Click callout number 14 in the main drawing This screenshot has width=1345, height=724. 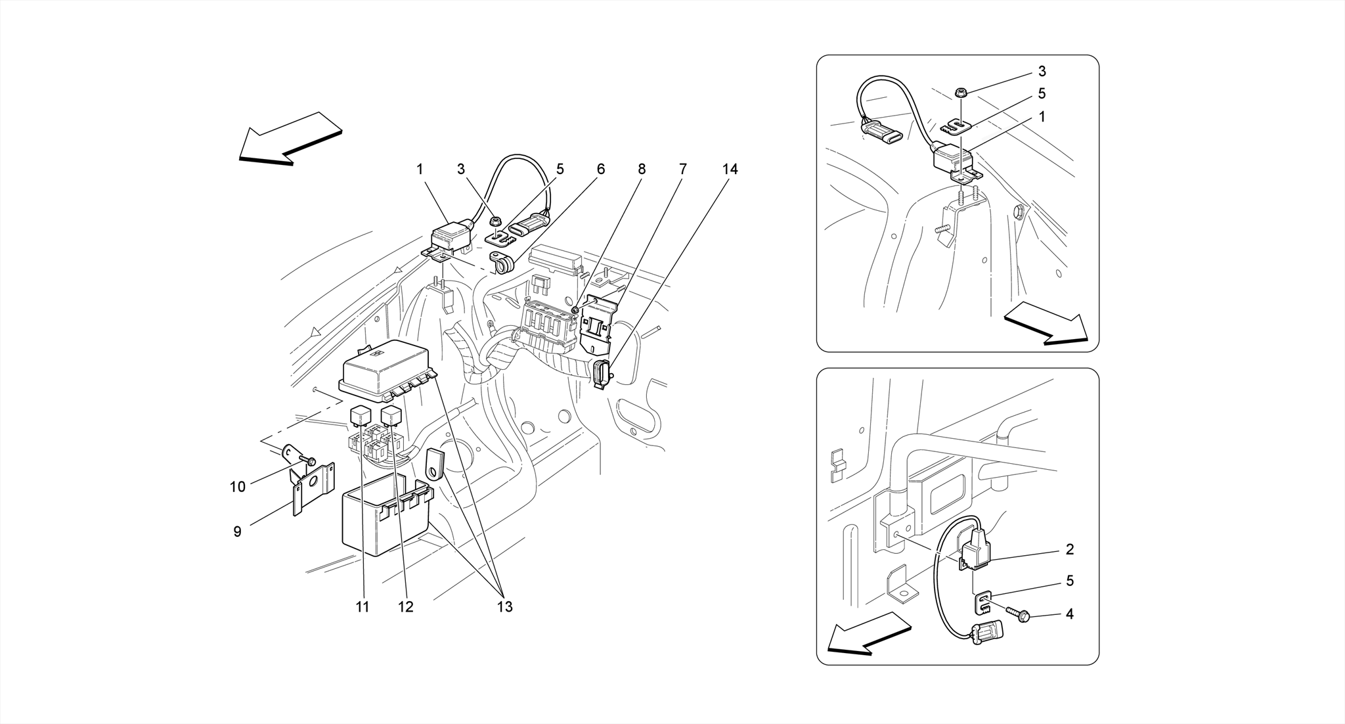pos(730,170)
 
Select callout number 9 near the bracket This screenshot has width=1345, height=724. pos(238,532)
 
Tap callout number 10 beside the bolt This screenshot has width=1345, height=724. pos(237,487)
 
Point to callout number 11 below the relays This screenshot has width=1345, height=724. pos(363,607)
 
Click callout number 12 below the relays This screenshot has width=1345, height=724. pos(406,607)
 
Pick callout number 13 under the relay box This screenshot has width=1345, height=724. pos(504,607)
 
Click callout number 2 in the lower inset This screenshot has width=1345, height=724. pos(1069,549)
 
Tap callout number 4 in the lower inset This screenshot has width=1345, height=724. pos(1069,614)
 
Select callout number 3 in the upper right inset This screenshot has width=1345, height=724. pos(1042,72)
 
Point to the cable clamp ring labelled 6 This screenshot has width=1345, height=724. pos(502,265)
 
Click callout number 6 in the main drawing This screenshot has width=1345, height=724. pos(601,170)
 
